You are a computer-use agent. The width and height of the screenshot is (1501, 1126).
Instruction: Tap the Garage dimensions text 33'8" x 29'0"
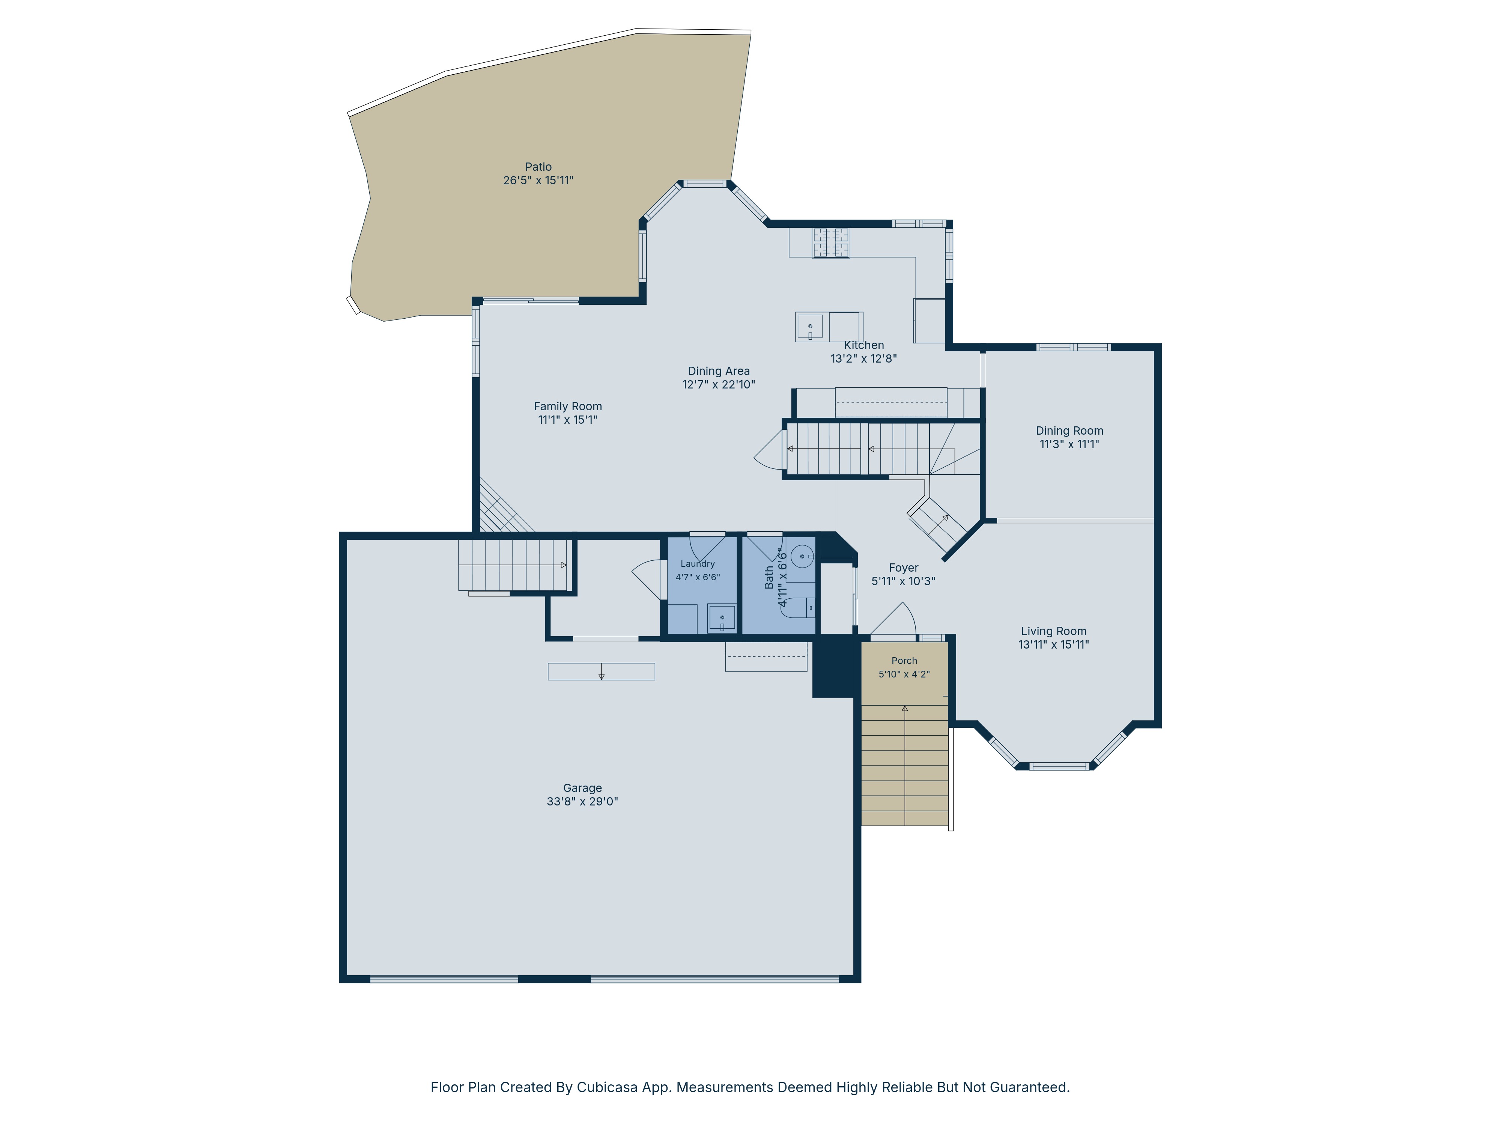(582, 802)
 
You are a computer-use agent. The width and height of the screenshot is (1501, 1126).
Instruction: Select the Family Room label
(567, 406)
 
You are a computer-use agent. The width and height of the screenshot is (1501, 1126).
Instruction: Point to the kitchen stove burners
(831, 243)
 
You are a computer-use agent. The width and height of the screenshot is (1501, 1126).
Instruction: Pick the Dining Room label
(1069, 431)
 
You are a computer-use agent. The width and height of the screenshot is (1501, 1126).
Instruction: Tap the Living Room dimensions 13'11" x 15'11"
(1053, 645)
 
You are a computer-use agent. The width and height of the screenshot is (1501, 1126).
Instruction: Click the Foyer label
(903, 568)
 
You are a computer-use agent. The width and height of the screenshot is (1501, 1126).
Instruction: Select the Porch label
(904, 660)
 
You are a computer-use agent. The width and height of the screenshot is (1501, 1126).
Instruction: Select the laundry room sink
(722, 618)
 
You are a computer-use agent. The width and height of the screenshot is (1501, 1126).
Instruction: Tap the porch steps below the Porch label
(904, 765)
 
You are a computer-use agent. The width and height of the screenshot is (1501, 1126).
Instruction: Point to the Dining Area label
(719, 371)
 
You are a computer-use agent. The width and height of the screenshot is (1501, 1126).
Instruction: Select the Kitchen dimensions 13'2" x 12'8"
(863, 358)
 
